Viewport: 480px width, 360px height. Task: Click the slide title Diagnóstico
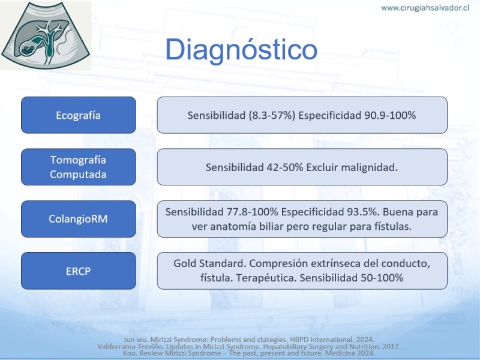(241, 50)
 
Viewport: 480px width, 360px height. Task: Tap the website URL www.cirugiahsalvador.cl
(425, 8)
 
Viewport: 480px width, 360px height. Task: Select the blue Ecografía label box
(79, 115)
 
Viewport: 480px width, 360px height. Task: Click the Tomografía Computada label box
(79, 167)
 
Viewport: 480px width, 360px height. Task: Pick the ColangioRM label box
(79, 219)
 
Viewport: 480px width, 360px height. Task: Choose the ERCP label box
(79, 271)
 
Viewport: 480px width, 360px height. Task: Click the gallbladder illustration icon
(46, 35)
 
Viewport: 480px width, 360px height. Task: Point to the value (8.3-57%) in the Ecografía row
(272, 115)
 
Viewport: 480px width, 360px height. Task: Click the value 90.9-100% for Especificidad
(390, 115)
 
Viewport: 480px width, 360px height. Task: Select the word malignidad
(369, 167)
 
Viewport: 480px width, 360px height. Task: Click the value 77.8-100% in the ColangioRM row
(252, 212)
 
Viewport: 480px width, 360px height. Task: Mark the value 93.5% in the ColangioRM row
(364, 212)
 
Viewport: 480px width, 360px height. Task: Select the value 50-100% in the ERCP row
(382, 278)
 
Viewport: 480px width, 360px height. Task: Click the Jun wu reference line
(249, 340)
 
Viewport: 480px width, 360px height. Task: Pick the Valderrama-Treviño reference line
(249, 347)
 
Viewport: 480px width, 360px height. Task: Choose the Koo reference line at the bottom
(249, 353)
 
